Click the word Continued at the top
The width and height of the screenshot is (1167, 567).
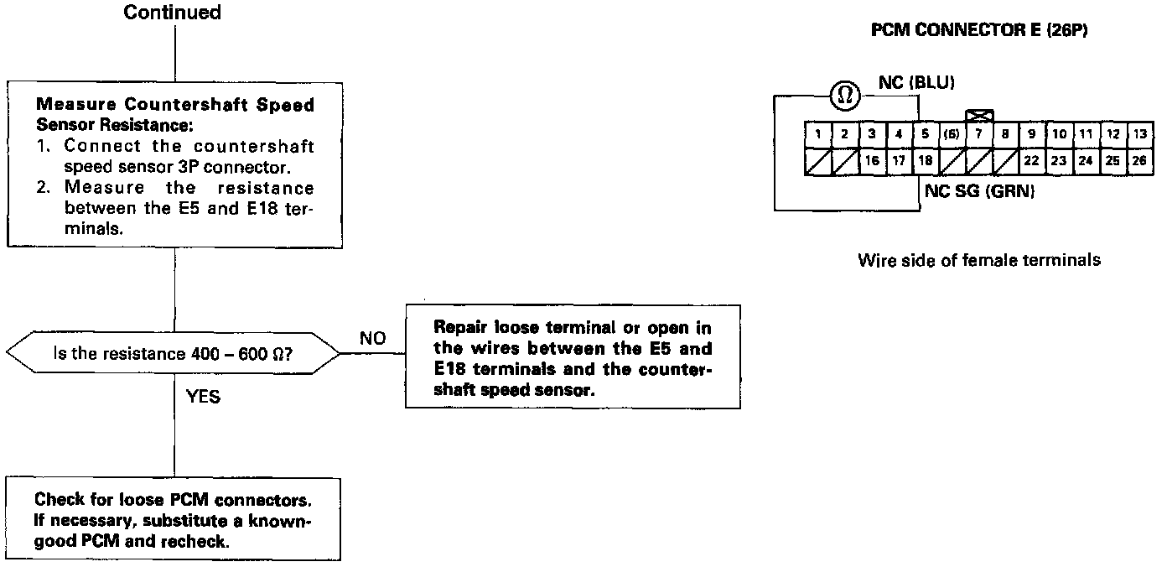click(173, 13)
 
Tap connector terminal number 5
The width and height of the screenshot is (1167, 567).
click(925, 133)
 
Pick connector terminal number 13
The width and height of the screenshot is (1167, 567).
click(1138, 133)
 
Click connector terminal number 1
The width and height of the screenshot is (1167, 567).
click(817, 133)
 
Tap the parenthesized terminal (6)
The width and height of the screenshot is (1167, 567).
click(951, 133)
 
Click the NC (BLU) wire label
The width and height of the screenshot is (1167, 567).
click(916, 82)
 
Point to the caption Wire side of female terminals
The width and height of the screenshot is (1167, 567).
click(979, 260)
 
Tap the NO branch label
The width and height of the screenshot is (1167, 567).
click(372, 339)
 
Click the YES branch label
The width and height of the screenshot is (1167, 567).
click(203, 397)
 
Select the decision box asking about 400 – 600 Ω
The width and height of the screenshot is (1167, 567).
click(174, 353)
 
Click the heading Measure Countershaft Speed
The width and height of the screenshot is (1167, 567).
click(175, 106)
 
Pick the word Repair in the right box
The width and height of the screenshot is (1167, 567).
click(459, 327)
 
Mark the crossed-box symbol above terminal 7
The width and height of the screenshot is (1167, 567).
click(978, 115)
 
